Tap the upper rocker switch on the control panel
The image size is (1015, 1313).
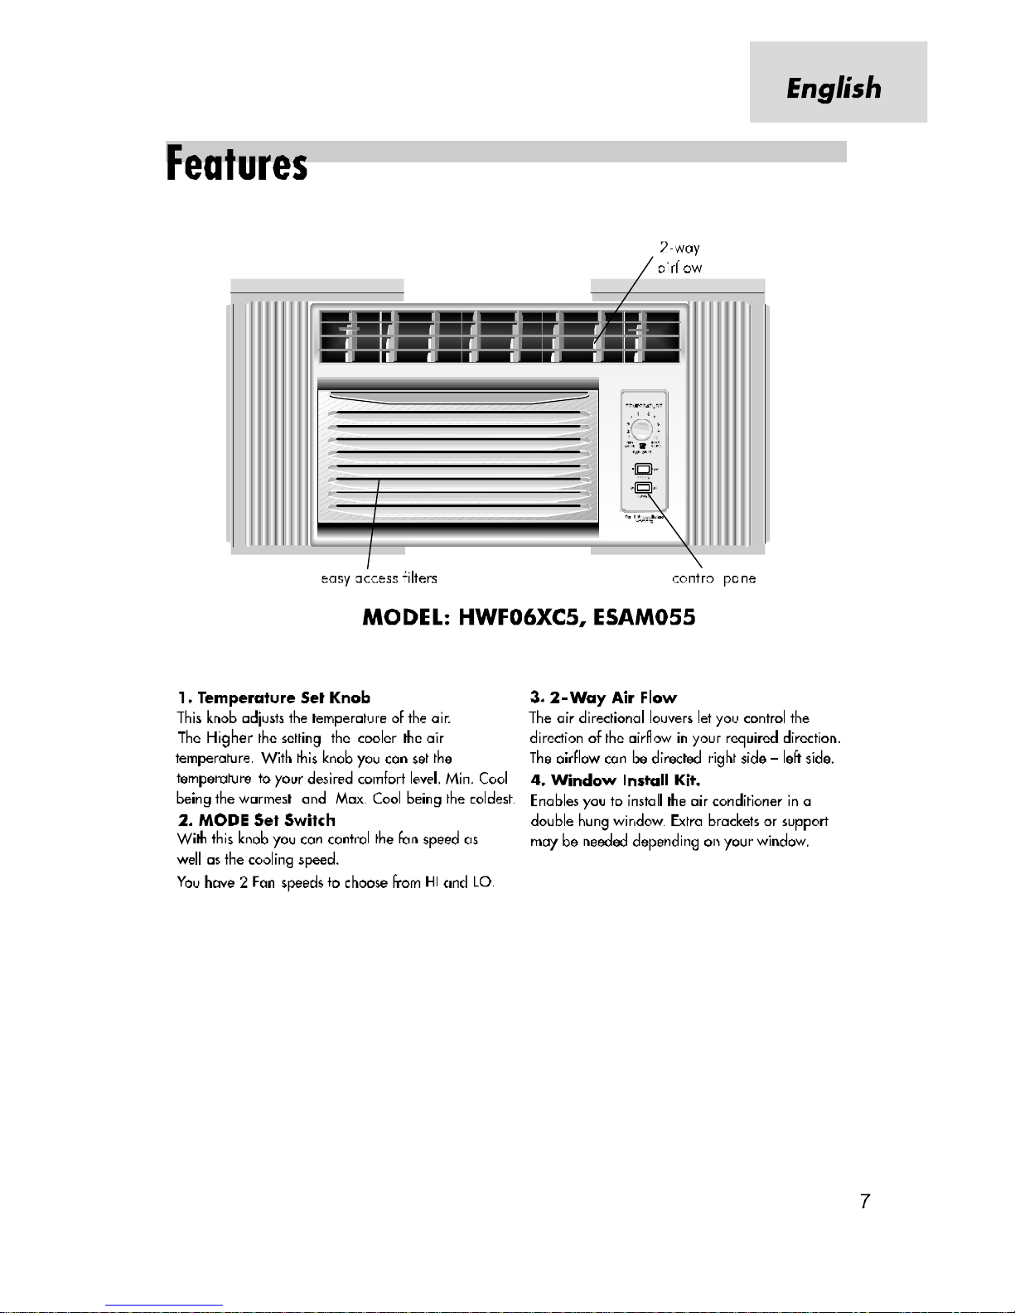(644, 471)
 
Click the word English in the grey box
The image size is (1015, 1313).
(834, 88)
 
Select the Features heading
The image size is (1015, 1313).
(237, 163)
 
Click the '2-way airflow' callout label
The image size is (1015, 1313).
(679, 258)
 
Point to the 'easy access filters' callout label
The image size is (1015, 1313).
(379, 578)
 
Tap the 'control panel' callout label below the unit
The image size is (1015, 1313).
(713, 578)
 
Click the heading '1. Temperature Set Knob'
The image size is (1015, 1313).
(274, 698)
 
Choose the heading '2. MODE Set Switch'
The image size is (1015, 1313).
(257, 820)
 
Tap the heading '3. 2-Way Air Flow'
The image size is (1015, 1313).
(603, 698)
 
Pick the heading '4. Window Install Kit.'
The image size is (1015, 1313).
(616, 780)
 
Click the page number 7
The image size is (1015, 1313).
(865, 1201)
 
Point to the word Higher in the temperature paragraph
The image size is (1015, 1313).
(230, 738)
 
